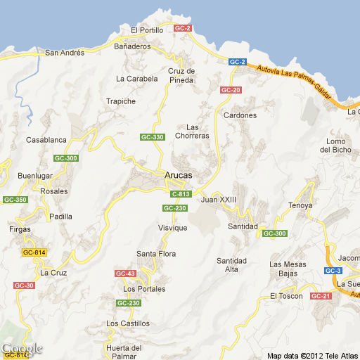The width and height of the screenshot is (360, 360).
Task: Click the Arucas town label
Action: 178,175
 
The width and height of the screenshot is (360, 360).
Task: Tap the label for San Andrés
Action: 64,53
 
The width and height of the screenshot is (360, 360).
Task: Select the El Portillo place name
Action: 147,30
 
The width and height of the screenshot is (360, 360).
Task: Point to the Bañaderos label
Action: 132,46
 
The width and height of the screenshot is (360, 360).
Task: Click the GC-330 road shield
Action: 153,137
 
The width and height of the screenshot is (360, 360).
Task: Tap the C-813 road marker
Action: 180,194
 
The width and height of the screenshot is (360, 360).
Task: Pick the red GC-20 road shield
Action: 231,90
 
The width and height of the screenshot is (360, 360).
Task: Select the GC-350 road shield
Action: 15,200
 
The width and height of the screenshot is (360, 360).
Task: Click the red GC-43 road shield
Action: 125,274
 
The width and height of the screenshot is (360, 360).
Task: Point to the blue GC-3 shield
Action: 333,271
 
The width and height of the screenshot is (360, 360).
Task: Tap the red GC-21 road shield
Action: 321,296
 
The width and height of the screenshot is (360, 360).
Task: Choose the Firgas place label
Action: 20,229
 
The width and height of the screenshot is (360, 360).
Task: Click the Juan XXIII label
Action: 218,200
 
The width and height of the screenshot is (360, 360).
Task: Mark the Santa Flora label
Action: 156,254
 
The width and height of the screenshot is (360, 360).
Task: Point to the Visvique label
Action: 172,229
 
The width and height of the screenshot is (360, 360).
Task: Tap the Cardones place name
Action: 240,115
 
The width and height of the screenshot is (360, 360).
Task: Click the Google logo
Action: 22,349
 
